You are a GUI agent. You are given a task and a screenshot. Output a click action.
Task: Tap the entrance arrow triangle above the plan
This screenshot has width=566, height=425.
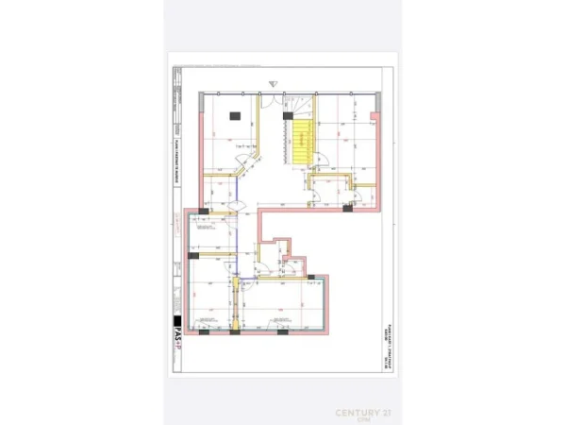click(x=273, y=82)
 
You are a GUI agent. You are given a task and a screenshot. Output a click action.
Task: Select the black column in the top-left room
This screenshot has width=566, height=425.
click(x=235, y=116)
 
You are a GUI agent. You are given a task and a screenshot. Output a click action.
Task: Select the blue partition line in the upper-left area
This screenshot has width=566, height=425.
click(x=238, y=203)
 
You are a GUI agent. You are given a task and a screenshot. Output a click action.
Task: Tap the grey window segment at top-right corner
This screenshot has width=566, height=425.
click(x=363, y=93)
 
